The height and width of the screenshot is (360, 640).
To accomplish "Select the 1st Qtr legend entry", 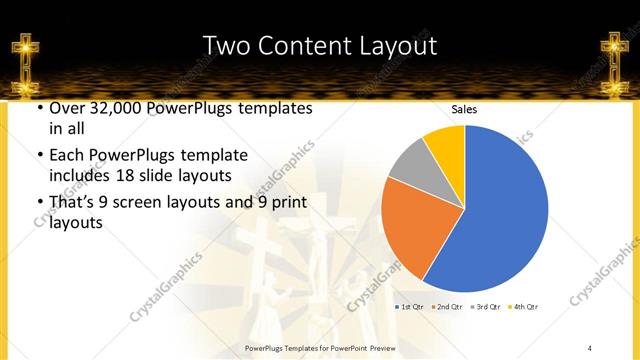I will [412, 306].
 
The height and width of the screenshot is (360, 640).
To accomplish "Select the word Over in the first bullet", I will [66, 108].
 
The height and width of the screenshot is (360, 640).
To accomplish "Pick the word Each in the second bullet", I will [66, 156].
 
